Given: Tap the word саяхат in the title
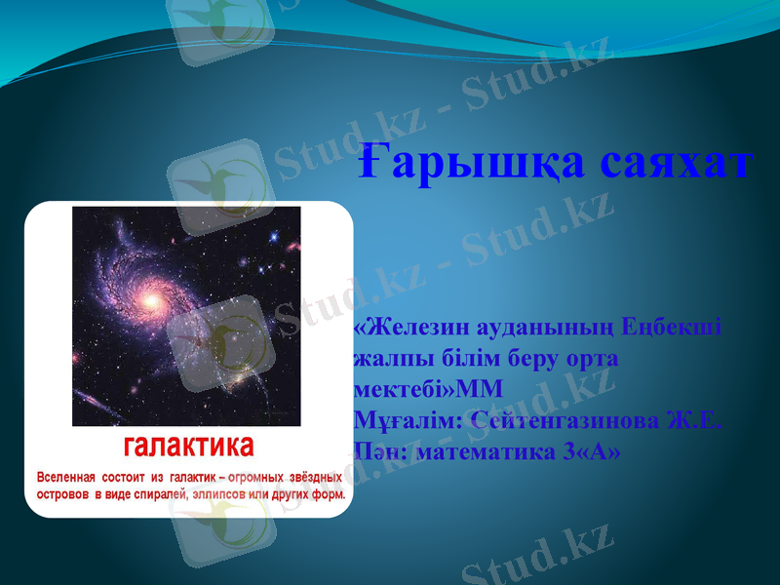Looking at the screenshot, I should (x=675, y=160).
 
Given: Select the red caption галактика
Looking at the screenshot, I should (x=188, y=447).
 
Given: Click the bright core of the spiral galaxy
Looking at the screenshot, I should (x=151, y=301).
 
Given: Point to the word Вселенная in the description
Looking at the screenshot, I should (x=66, y=478).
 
